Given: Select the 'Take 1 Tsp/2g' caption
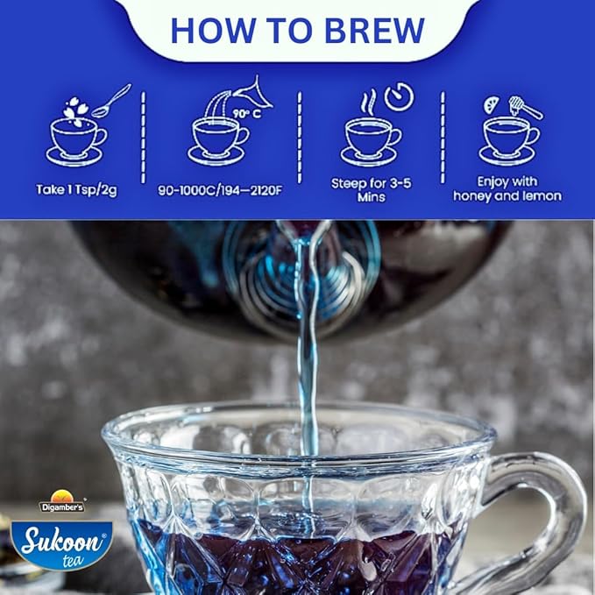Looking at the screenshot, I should click(78, 189).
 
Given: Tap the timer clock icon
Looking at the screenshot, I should click(399, 96).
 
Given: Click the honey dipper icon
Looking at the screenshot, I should click(526, 107).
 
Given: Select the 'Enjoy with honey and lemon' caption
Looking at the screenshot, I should click(507, 189).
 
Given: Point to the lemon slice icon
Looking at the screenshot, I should click(491, 103).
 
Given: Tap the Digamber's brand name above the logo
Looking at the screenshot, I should click(62, 506).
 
